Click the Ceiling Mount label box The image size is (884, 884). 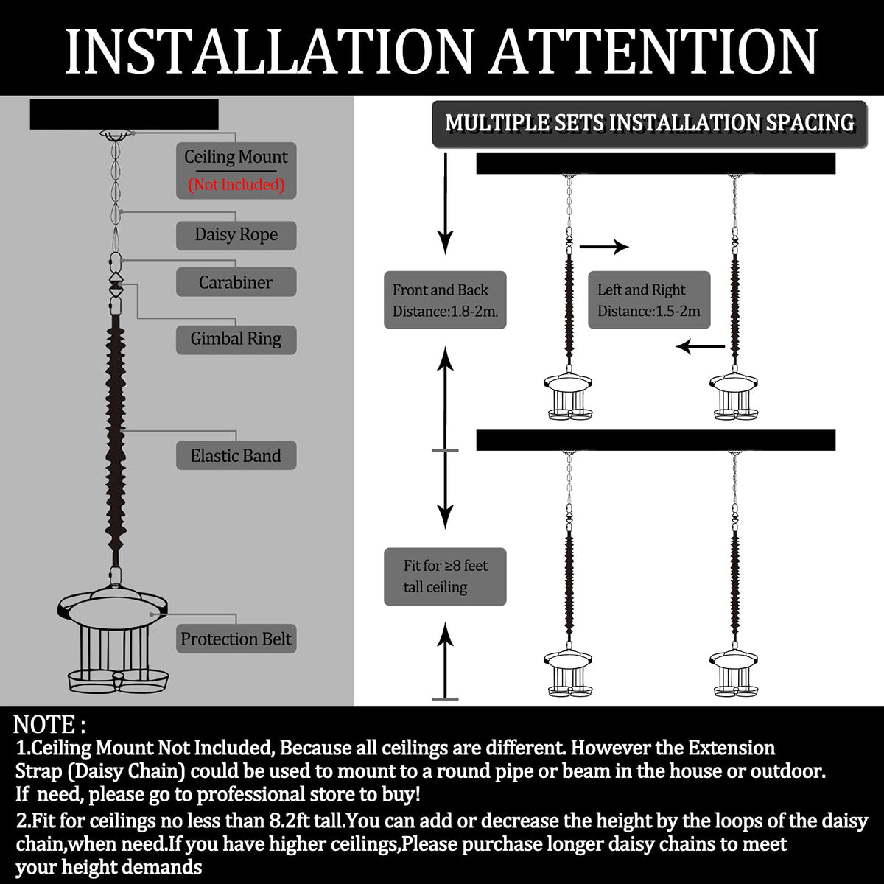pyautogui.click(x=236, y=170)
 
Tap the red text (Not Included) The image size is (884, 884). pyautogui.click(x=236, y=184)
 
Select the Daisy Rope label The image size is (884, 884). pyautogui.click(x=236, y=235)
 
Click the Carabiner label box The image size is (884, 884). pyautogui.click(x=236, y=281)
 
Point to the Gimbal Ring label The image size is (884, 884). pyautogui.click(x=236, y=340)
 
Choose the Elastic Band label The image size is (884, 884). pyautogui.click(x=236, y=455)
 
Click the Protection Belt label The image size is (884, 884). pyautogui.click(x=236, y=638)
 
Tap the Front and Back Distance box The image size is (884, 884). pyautogui.click(x=445, y=300)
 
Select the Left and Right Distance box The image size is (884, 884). pyautogui.click(x=649, y=300)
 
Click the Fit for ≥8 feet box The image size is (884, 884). pyautogui.click(x=445, y=576)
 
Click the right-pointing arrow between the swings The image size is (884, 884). pyautogui.click(x=604, y=247)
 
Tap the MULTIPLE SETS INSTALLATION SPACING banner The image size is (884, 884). pyautogui.click(x=650, y=124)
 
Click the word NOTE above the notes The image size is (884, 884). pyautogui.click(x=44, y=724)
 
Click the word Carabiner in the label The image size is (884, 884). pyautogui.click(x=236, y=282)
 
